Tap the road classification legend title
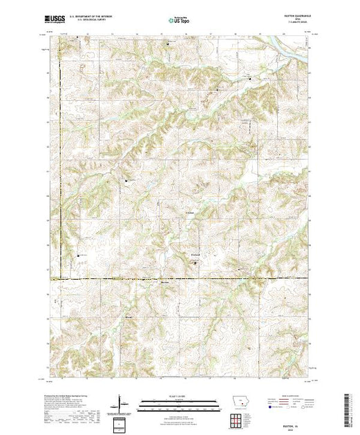[293, 395]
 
